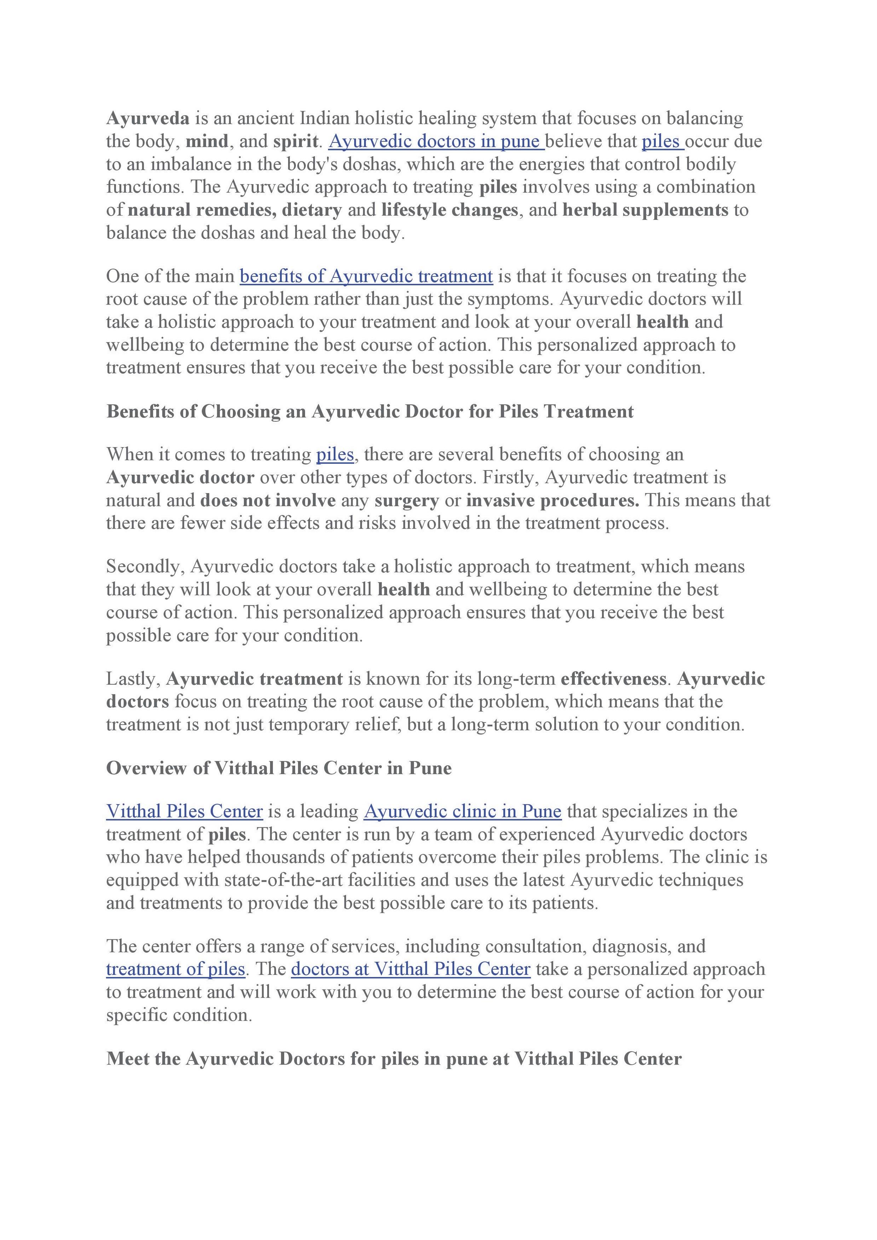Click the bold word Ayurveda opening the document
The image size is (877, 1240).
148,118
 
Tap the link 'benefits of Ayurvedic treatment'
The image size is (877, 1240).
366,276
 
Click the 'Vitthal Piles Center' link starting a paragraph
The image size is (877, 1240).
184,811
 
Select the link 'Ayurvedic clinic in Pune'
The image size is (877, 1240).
462,811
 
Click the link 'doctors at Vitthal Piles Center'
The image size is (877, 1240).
411,969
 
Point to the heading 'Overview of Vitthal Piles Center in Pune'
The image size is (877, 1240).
279,768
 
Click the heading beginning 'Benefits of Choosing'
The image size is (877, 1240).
370,412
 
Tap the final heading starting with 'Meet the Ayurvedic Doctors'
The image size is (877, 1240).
394,1058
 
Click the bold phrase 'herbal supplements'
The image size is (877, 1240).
645,210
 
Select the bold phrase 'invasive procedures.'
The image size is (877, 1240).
552,501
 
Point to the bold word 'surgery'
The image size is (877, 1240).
407,501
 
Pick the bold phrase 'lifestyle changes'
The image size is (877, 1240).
450,210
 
